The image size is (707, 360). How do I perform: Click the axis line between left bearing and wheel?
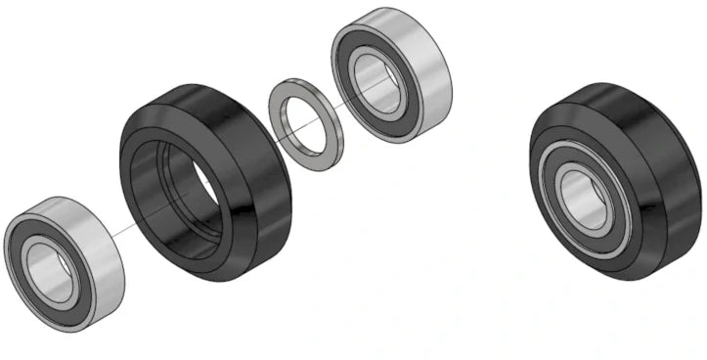pyautogui.click(x=117, y=231)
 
